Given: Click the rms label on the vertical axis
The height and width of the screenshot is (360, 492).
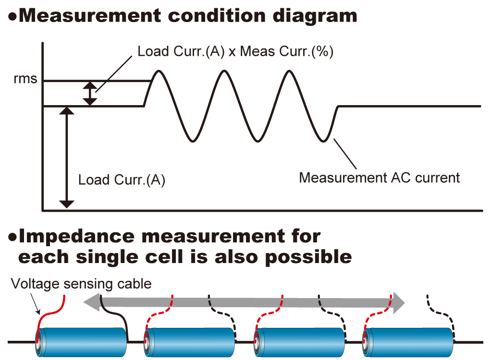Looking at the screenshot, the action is (x=25, y=78).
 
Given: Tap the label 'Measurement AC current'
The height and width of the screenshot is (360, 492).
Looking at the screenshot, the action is (x=380, y=178).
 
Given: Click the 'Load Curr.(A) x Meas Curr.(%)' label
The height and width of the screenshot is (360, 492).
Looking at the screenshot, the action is (x=235, y=51).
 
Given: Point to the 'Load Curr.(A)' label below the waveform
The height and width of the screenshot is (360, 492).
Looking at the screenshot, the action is (x=122, y=180).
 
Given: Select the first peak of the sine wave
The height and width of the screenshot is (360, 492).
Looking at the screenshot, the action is (x=159, y=72).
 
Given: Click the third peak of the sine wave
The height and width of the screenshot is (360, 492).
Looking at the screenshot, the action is (x=289, y=72).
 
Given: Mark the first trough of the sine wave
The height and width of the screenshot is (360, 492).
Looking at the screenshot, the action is (x=193, y=141).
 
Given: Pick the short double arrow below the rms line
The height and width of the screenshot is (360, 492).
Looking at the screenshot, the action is (x=90, y=94).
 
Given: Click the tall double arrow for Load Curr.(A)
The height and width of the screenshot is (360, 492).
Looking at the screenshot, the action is (x=66, y=157).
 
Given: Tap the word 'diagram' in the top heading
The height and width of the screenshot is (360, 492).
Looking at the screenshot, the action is (x=315, y=16).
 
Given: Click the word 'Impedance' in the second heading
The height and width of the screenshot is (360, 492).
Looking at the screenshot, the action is (x=76, y=237).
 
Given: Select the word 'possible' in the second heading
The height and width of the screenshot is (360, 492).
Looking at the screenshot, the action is (x=308, y=258).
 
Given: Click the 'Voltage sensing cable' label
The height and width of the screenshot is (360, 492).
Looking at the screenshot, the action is (x=81, y=284).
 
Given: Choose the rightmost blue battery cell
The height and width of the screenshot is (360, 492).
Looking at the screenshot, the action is (x=408, y=342).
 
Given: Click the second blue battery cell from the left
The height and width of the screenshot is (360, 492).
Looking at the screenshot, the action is (x=189, y=342).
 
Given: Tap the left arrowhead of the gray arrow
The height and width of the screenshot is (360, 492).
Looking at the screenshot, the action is (x=91, y=302).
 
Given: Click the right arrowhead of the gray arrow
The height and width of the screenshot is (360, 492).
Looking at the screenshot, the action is (x=399, y=302).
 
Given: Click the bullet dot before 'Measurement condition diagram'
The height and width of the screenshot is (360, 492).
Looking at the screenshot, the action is (x=12, y=17).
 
